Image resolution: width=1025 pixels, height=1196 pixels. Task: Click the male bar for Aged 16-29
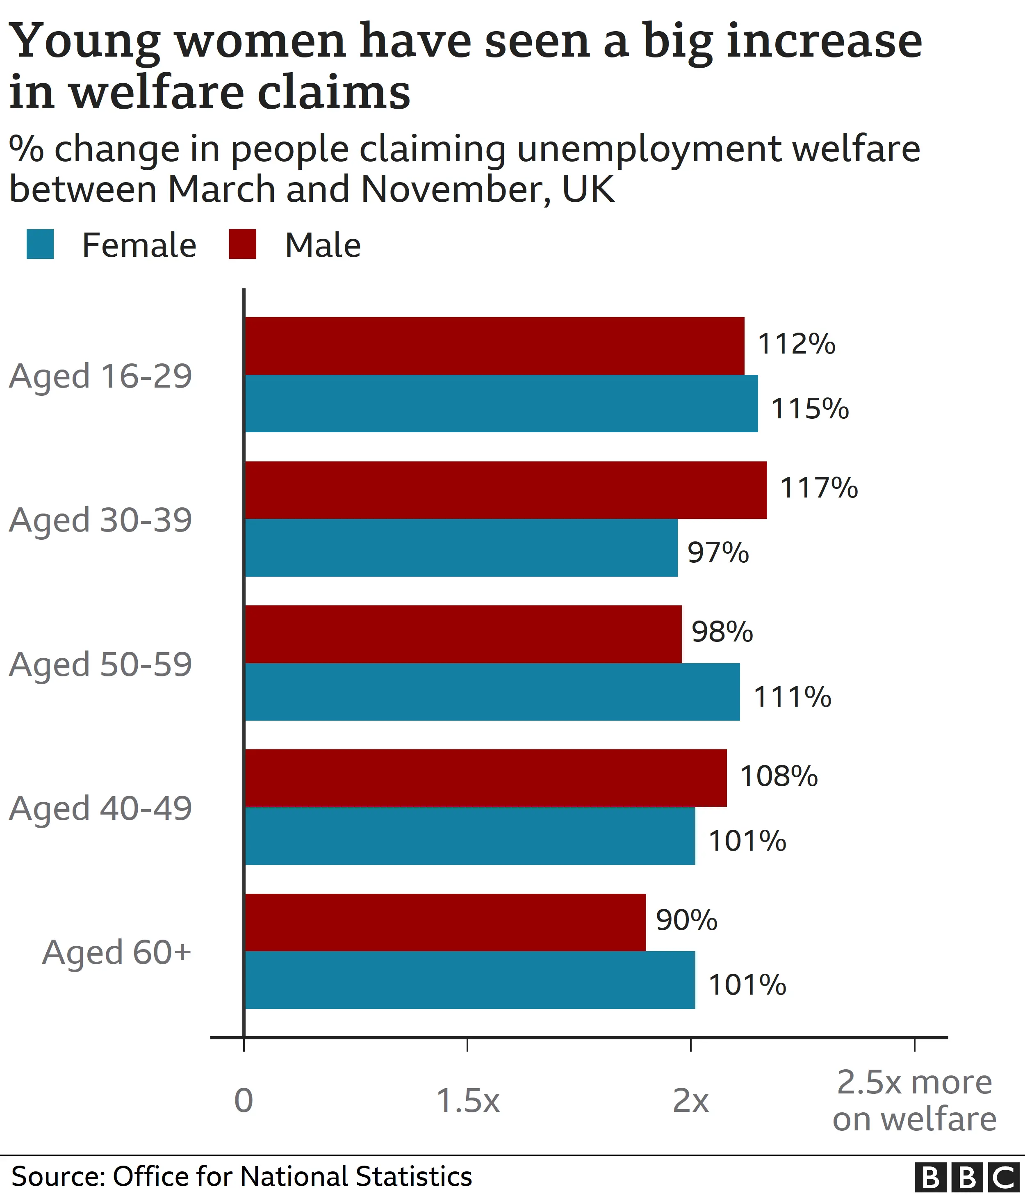494,346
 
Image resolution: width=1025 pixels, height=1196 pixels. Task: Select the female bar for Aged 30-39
461,547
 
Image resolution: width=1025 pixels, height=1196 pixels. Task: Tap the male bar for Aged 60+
445,922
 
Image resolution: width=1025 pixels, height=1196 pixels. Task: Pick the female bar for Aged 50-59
492,692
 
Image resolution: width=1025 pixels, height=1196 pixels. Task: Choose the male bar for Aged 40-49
486,778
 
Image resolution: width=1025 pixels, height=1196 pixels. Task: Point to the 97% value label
718,553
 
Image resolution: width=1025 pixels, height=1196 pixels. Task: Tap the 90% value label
686,920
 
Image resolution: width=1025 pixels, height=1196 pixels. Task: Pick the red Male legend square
242,244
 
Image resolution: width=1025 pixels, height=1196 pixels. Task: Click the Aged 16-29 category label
100,377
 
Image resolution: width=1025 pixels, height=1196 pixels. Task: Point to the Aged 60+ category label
116,952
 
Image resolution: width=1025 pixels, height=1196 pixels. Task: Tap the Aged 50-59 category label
100,664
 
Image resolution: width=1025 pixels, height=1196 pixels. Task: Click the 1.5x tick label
467,1101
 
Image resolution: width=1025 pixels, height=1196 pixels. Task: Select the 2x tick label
690,1101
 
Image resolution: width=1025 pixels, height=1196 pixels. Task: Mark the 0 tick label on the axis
244,1101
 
